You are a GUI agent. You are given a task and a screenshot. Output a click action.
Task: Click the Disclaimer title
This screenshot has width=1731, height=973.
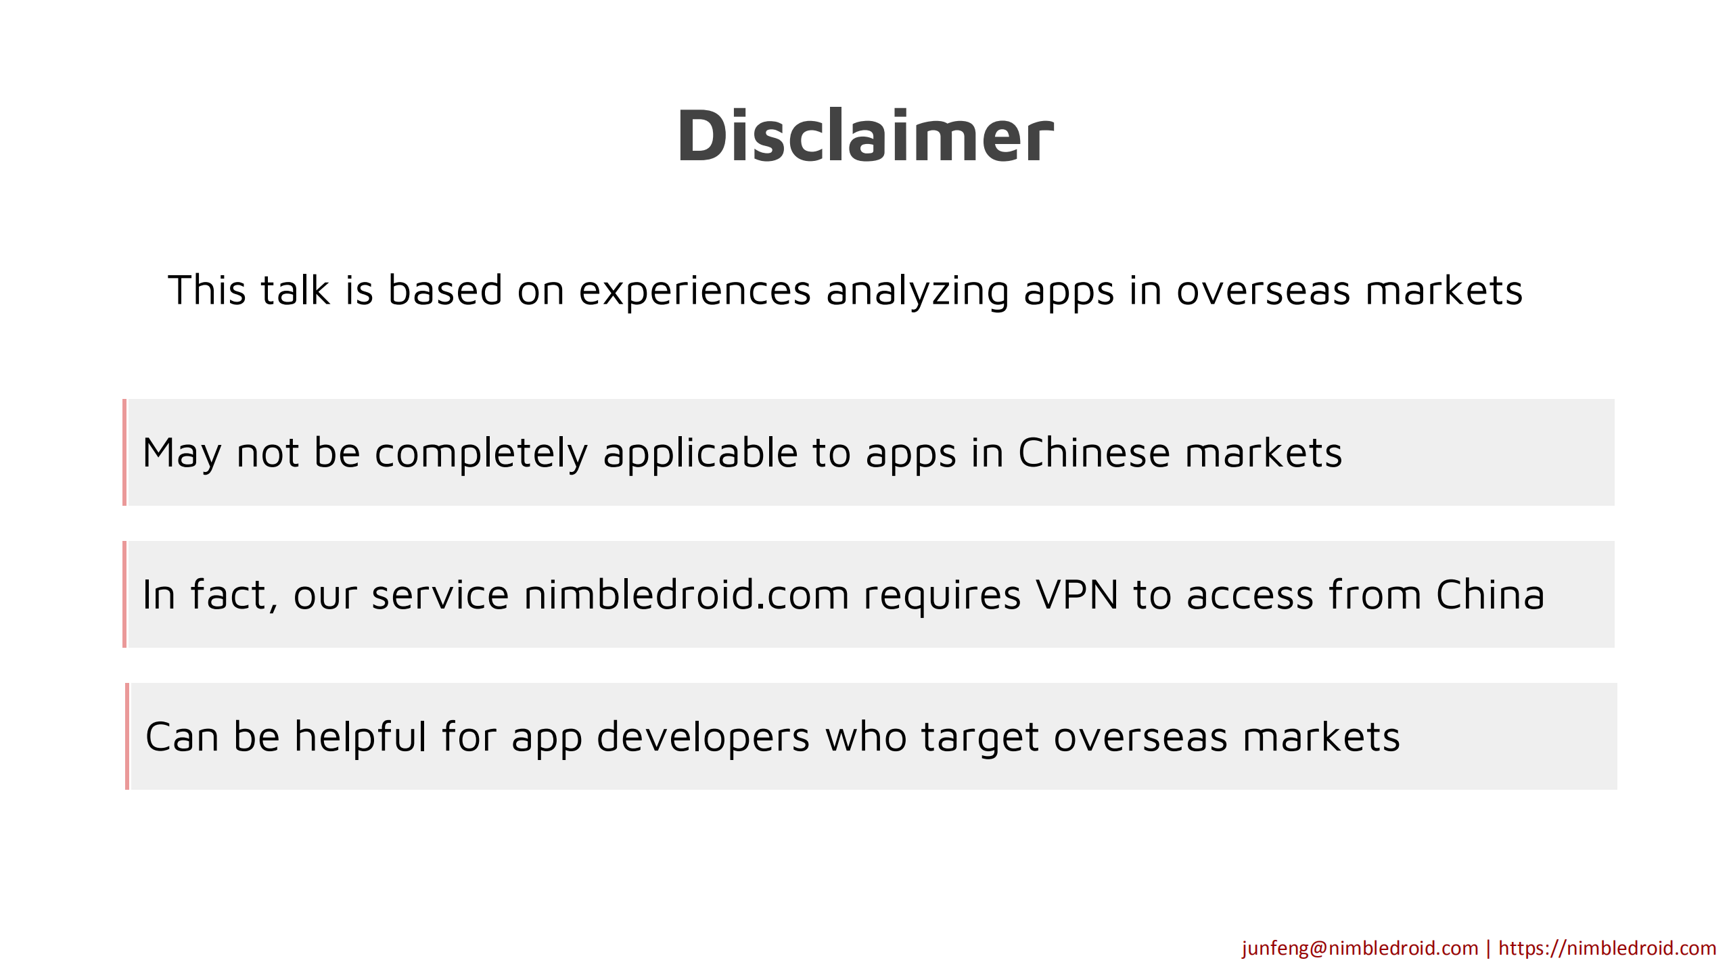point(865,136)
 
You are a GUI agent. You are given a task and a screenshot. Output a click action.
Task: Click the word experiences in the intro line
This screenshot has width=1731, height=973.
point(694,291)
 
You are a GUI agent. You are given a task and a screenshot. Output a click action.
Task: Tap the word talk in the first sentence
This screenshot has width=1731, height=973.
point(295,290)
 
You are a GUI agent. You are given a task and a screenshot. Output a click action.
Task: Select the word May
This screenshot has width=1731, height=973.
point(181,453)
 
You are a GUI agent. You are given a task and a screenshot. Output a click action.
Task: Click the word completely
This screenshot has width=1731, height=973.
point(481,453)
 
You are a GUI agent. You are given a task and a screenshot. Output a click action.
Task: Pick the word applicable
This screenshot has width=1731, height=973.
point(700,453)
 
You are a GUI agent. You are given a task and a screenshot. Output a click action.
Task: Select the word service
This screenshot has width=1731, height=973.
point(440,595)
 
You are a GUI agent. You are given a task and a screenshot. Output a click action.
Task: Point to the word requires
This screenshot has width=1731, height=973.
point(942,595)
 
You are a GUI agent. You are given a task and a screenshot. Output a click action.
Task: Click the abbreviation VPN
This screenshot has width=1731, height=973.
point(1077,595)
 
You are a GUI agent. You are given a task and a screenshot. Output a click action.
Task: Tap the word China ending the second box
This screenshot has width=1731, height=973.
point(1490,595)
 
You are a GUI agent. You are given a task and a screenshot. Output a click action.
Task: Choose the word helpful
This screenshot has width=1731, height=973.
point(360,736)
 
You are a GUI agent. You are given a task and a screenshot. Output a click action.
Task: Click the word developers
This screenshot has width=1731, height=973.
point(703,737)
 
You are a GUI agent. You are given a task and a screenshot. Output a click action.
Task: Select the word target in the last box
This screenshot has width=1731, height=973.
point(979,737)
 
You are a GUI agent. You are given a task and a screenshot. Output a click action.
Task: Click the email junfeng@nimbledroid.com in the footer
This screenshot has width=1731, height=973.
point(1360,948)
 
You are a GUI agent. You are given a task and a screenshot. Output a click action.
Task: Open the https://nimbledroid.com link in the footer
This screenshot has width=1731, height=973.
point(1607,948)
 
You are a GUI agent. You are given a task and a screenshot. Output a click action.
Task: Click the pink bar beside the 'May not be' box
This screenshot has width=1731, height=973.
point(124,452)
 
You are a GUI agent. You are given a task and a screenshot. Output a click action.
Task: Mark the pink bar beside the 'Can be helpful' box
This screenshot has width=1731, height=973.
point(127,736)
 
